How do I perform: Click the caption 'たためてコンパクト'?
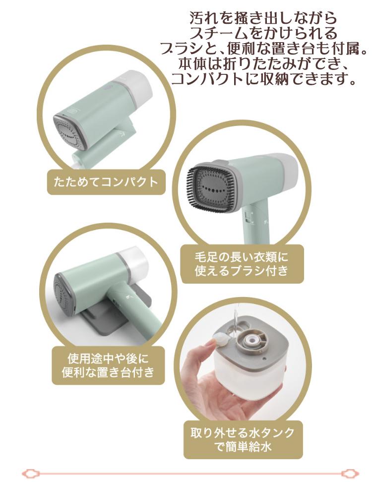click(106, 181)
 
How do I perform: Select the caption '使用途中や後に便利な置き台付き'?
click(108, 365)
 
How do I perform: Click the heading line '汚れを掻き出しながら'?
click(264, 18)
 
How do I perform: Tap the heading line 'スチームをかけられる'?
click(264, 34)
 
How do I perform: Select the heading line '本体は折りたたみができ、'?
click(264, 64)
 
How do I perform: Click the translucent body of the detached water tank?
click(248, 382)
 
